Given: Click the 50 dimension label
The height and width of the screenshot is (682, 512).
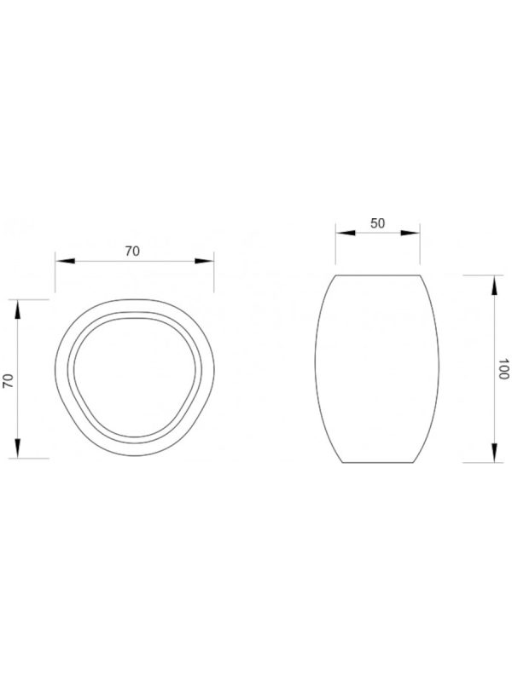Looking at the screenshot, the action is (x=377, y=223).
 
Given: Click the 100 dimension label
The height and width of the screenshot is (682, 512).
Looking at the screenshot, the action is (x=503, y=369).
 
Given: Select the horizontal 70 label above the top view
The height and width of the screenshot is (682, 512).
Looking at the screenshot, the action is (x=132, y=251).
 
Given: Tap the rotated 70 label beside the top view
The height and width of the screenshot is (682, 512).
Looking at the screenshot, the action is (x=9, y=381).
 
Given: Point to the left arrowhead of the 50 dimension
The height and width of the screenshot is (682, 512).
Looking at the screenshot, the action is (x=346, y=233).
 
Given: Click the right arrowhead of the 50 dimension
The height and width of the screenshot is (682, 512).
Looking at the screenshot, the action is (x=410, y=233).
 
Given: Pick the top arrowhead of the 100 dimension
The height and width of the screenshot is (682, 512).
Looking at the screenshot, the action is (x=494, y=286).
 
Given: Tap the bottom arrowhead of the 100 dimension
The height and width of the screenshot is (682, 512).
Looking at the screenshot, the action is (x=494, y=453).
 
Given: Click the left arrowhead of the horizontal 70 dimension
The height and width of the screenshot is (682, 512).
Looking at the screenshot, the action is (x=66, y=261).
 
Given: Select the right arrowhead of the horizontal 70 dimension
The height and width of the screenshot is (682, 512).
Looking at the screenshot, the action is (x=204, y=261).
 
